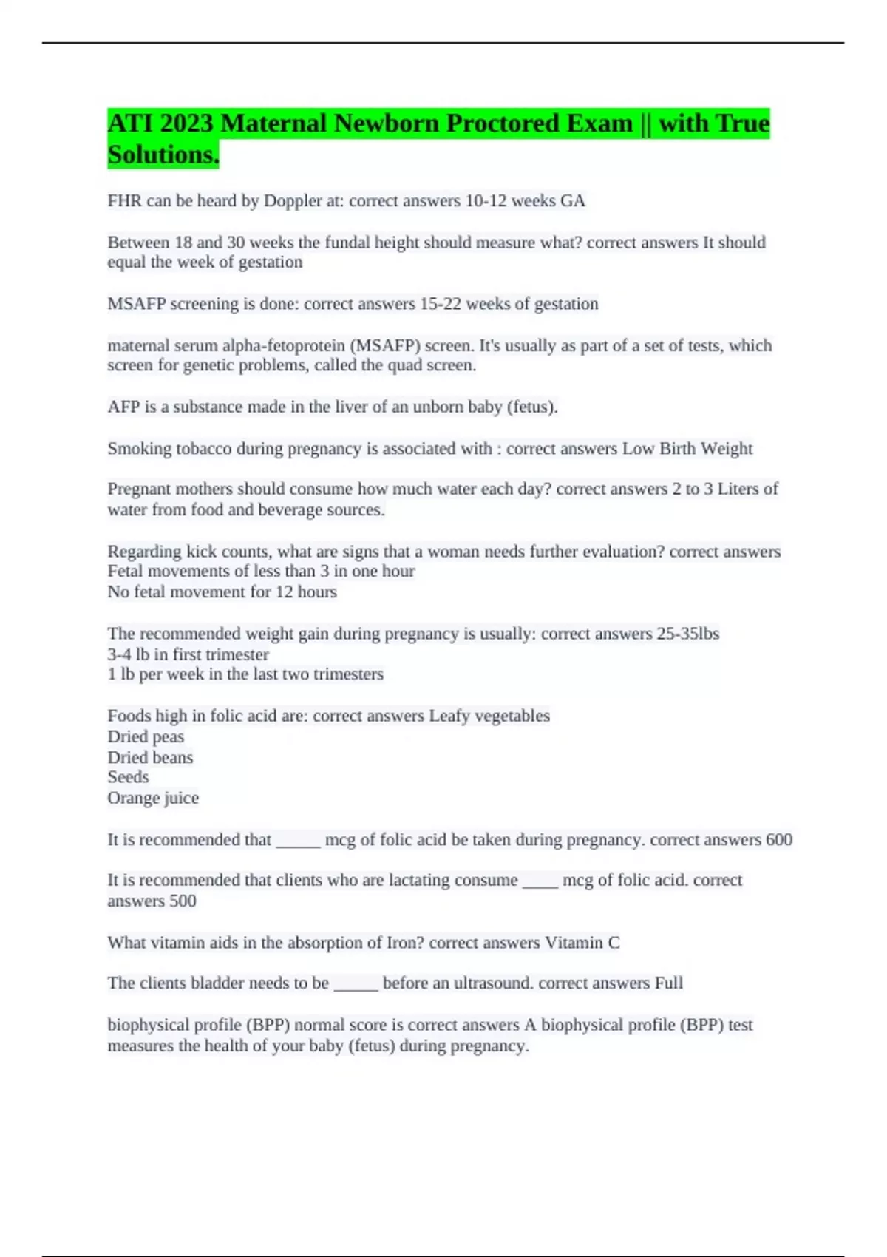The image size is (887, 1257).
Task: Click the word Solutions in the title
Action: point(162,155)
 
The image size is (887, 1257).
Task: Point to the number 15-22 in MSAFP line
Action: point(441,304)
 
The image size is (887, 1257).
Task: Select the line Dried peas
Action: point(146,736)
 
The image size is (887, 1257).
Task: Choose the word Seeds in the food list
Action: point(128,777)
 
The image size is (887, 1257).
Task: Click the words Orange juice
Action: point(153,798)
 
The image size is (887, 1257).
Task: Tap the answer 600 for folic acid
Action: point(779,840)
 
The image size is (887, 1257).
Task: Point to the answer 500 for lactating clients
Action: point(183,901)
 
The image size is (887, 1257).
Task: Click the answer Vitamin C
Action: point(582,943)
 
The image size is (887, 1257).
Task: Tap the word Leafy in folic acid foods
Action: point(449,716)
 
